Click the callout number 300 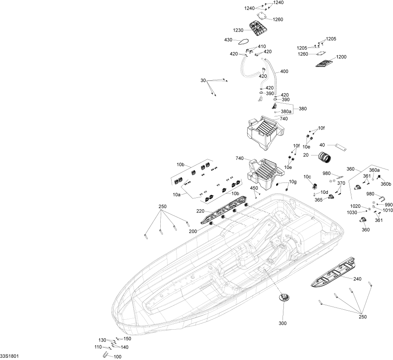pos(283,324)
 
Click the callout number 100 pos(117,357)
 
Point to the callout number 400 pos(284,72)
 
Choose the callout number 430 pos(228,40)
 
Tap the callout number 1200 pos(341,57)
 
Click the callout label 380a pos(286,111)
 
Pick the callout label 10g pos(292,182)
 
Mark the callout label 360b pos(386,184)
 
